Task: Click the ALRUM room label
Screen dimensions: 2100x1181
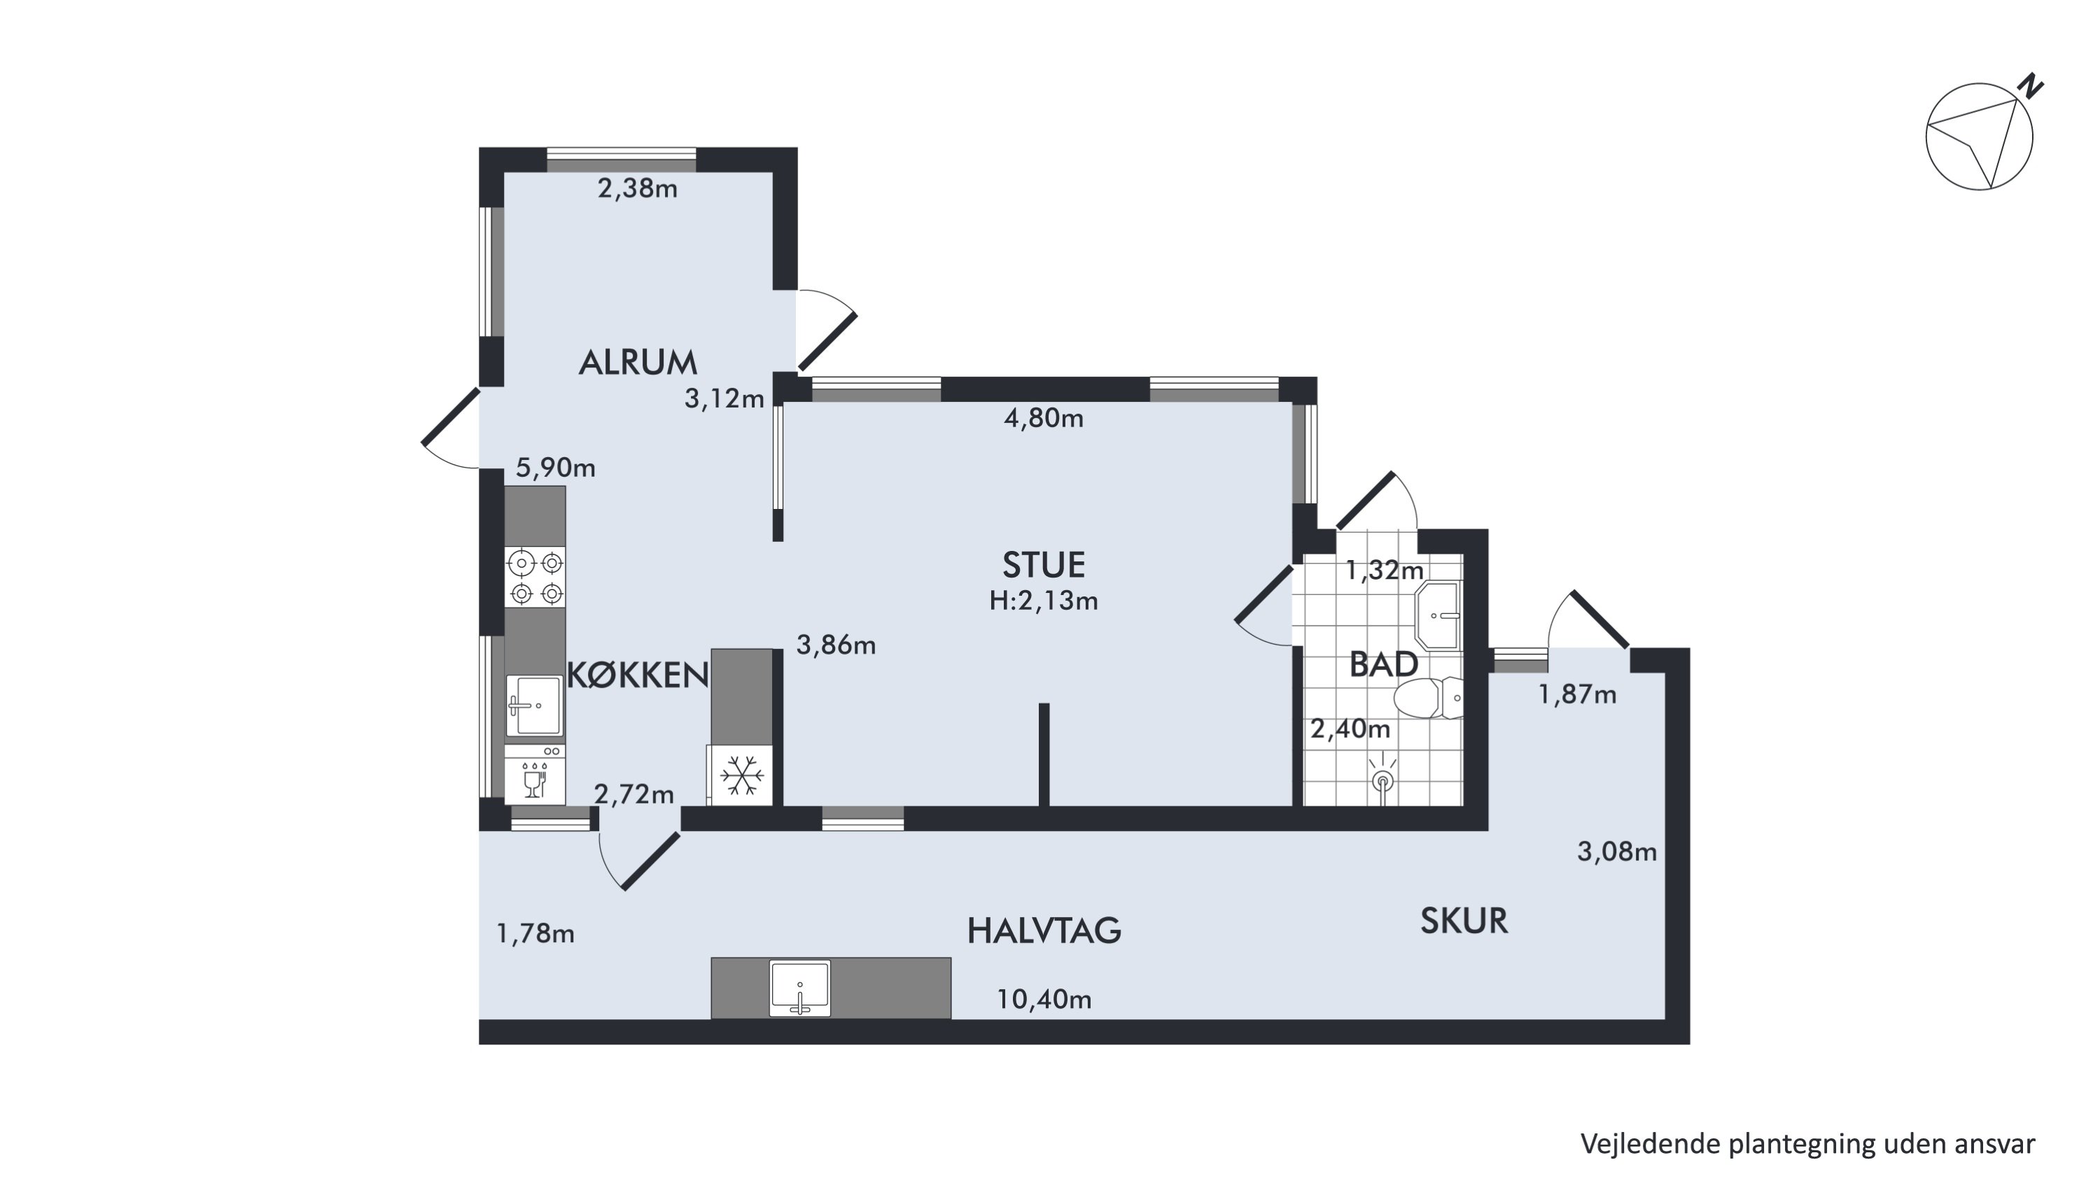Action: pos(638,363)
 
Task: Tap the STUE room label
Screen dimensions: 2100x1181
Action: pos(1044,565)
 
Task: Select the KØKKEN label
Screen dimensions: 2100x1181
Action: pos(638,675)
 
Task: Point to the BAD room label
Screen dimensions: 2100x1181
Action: pos(1383,664)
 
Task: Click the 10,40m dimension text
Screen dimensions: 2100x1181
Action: pos(1044,999)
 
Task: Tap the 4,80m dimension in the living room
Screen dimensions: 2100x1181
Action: pos(1044,418)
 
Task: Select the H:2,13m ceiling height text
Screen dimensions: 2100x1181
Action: pos(1044,601)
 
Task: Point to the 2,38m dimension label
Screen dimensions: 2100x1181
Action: pos(638,188)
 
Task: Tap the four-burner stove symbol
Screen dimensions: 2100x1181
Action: pos(535,576)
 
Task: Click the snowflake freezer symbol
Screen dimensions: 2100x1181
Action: pos(741,775)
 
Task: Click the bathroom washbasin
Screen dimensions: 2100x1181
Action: pos(1439,615)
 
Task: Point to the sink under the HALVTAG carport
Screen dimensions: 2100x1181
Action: pos(799,988)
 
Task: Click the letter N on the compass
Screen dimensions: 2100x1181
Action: pos(2030,86)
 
